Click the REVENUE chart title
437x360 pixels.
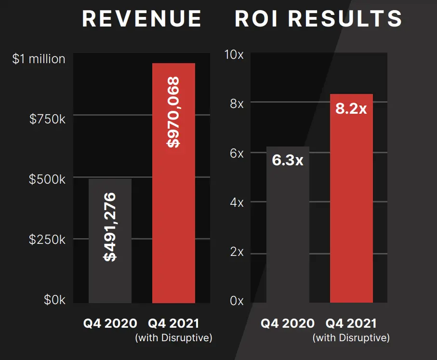tap(142, 19)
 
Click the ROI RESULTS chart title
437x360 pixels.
tap(318, 19)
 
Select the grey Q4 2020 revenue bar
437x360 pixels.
tap(110, 270)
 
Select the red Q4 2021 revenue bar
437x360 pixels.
tap(173, 217)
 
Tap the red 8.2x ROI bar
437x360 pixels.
tap(351, 217)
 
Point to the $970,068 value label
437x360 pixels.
tap(173, 112)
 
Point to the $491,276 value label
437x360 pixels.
tap(110, 227)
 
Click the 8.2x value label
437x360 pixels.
tap(351, 108)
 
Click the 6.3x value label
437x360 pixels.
tap(288, 160)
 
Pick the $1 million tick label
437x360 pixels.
tap(39, 59)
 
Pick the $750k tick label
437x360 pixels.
tap(47, 119)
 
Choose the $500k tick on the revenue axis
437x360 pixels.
tap(47, 179)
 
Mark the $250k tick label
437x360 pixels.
tap(47, 240)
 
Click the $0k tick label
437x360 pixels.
tap(54, 300)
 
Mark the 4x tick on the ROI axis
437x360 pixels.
tap(236, 202)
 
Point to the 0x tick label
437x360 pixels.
tap(236, 301)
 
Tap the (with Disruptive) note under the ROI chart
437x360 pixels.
tap(351, 338)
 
